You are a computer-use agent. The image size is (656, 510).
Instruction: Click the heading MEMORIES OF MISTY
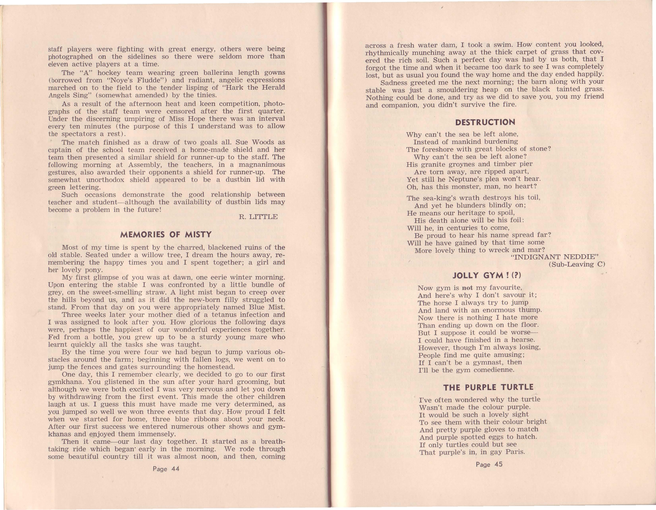click(166, 235)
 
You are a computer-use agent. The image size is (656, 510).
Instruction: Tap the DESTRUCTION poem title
click(485, 122)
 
